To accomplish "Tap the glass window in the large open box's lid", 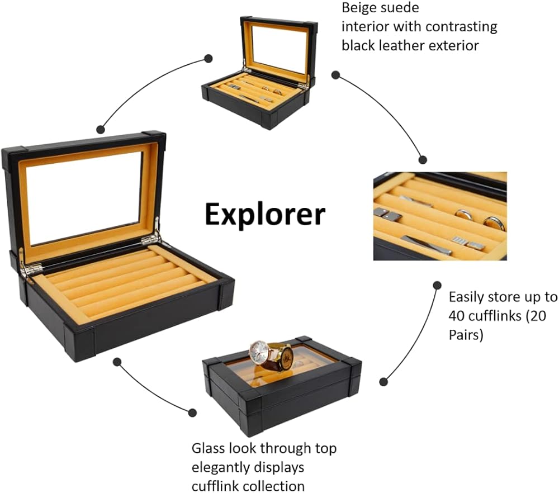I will click(84, 196).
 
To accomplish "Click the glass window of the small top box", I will click(279, 50).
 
